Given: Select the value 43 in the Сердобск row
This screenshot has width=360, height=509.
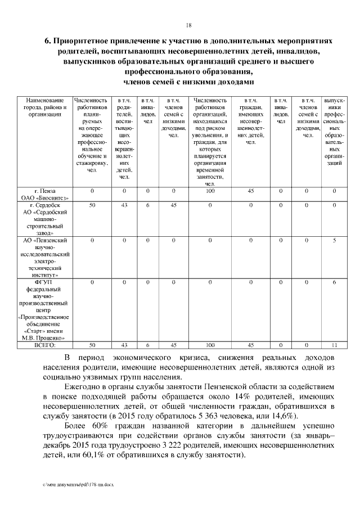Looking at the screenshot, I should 124,205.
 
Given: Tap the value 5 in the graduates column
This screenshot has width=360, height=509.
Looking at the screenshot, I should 334,240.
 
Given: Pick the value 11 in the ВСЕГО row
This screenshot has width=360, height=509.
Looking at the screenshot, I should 334,345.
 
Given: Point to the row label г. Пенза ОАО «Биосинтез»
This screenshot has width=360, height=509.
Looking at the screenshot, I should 44,195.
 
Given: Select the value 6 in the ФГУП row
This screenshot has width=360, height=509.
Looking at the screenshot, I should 334,282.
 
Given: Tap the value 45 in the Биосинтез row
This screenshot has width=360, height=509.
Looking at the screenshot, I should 251,191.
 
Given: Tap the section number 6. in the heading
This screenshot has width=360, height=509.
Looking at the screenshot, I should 48,42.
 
